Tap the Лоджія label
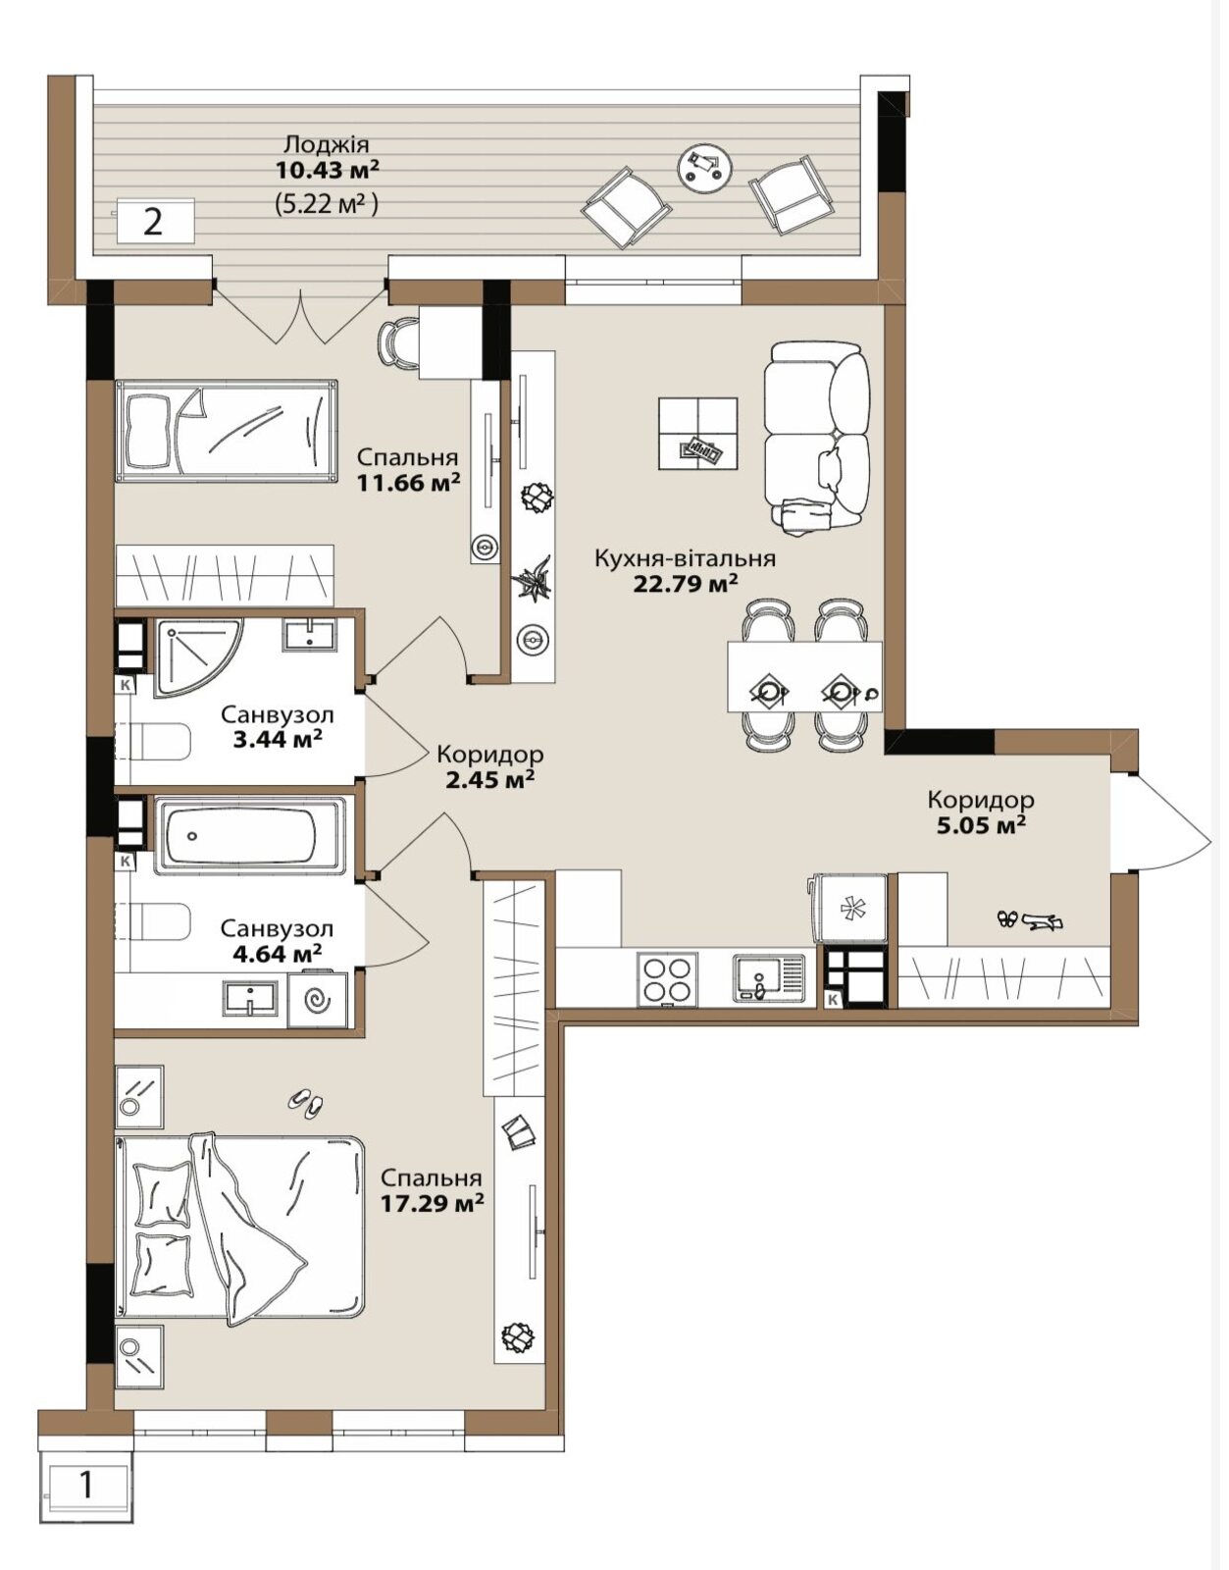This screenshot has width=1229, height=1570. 327,144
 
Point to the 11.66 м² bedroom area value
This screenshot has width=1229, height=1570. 408,482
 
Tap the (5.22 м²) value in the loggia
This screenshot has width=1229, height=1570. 327,204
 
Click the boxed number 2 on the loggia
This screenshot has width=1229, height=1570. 153,222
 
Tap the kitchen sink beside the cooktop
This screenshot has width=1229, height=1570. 770,977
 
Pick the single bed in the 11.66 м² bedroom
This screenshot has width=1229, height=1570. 227,432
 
